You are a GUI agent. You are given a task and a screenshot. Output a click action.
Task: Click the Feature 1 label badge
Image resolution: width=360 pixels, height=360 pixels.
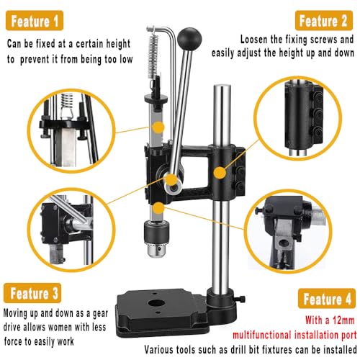pos(35,21)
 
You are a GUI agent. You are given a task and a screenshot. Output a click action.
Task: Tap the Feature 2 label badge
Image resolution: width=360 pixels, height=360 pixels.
pos(324,21)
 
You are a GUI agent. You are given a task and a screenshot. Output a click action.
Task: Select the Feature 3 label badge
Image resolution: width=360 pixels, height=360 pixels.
pos(32,293)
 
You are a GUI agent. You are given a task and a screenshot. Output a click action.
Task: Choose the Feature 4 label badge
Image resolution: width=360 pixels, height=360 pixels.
pos(327,298)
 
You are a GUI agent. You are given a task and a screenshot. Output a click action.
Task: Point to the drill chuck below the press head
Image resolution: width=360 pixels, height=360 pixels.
pos(156,238)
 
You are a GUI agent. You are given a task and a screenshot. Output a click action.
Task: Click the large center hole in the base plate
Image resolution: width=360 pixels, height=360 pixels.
pos(156,303)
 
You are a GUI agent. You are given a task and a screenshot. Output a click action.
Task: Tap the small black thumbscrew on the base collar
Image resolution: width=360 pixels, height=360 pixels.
pos(241,299)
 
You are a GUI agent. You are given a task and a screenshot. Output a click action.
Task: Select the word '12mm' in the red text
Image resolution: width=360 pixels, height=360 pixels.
pos(343,320)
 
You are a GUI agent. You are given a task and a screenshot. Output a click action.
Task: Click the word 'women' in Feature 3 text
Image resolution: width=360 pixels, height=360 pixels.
pos(58,327)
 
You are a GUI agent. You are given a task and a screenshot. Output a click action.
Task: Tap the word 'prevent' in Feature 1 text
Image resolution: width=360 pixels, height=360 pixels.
pos(35,59)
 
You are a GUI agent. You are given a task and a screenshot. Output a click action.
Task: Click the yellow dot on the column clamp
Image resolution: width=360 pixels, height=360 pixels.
pos(220,173)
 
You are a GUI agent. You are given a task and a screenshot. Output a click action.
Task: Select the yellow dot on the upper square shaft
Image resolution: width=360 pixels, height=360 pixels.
pos(158,127)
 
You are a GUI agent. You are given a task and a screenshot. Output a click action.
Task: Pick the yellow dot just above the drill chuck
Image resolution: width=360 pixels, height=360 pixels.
pos(158,208)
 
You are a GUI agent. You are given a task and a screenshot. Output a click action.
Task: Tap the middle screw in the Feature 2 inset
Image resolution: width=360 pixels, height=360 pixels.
pos(318,114)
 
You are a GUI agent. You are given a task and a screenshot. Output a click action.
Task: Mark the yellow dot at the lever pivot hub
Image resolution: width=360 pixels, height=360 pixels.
pos(171,179)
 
